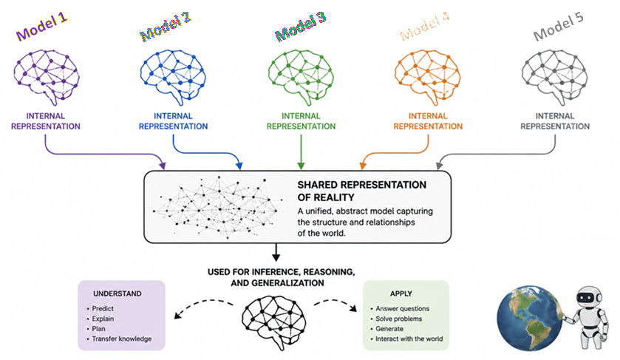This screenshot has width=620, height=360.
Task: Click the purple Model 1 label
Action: pos(41,27)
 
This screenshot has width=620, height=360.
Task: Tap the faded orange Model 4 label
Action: pos(424,27)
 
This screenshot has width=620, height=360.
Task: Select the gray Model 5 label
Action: pos(558,27)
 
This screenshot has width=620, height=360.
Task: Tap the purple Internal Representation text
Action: pos(46,121)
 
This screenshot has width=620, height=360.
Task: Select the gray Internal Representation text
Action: pos(555,121)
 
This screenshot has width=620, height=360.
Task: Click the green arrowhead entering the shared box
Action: pos(301,166)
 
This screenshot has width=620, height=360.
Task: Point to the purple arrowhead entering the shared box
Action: pos(162,166)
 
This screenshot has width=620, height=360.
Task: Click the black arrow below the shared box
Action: pos(276,252)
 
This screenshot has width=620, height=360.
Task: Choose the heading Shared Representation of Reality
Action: pos(362,191)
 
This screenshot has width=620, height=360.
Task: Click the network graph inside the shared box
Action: pos(218,207)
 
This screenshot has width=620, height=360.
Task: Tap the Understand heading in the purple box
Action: pos(117,293)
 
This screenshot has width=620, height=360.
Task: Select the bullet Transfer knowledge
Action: pos(119,339)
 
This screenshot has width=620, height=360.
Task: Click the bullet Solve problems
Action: pos(396,319)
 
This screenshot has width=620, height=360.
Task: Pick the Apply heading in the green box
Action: pos(401,293)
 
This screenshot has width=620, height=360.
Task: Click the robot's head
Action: pos(589,296)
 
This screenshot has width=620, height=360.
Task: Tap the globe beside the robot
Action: pos(530,319)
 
